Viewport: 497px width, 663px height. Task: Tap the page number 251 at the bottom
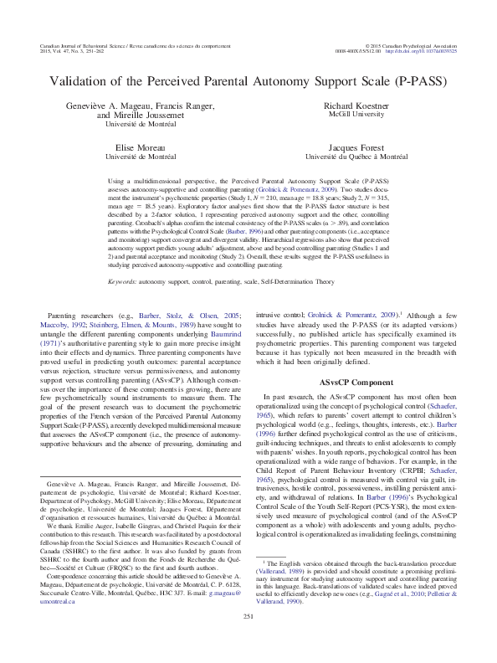coord(248,640)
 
